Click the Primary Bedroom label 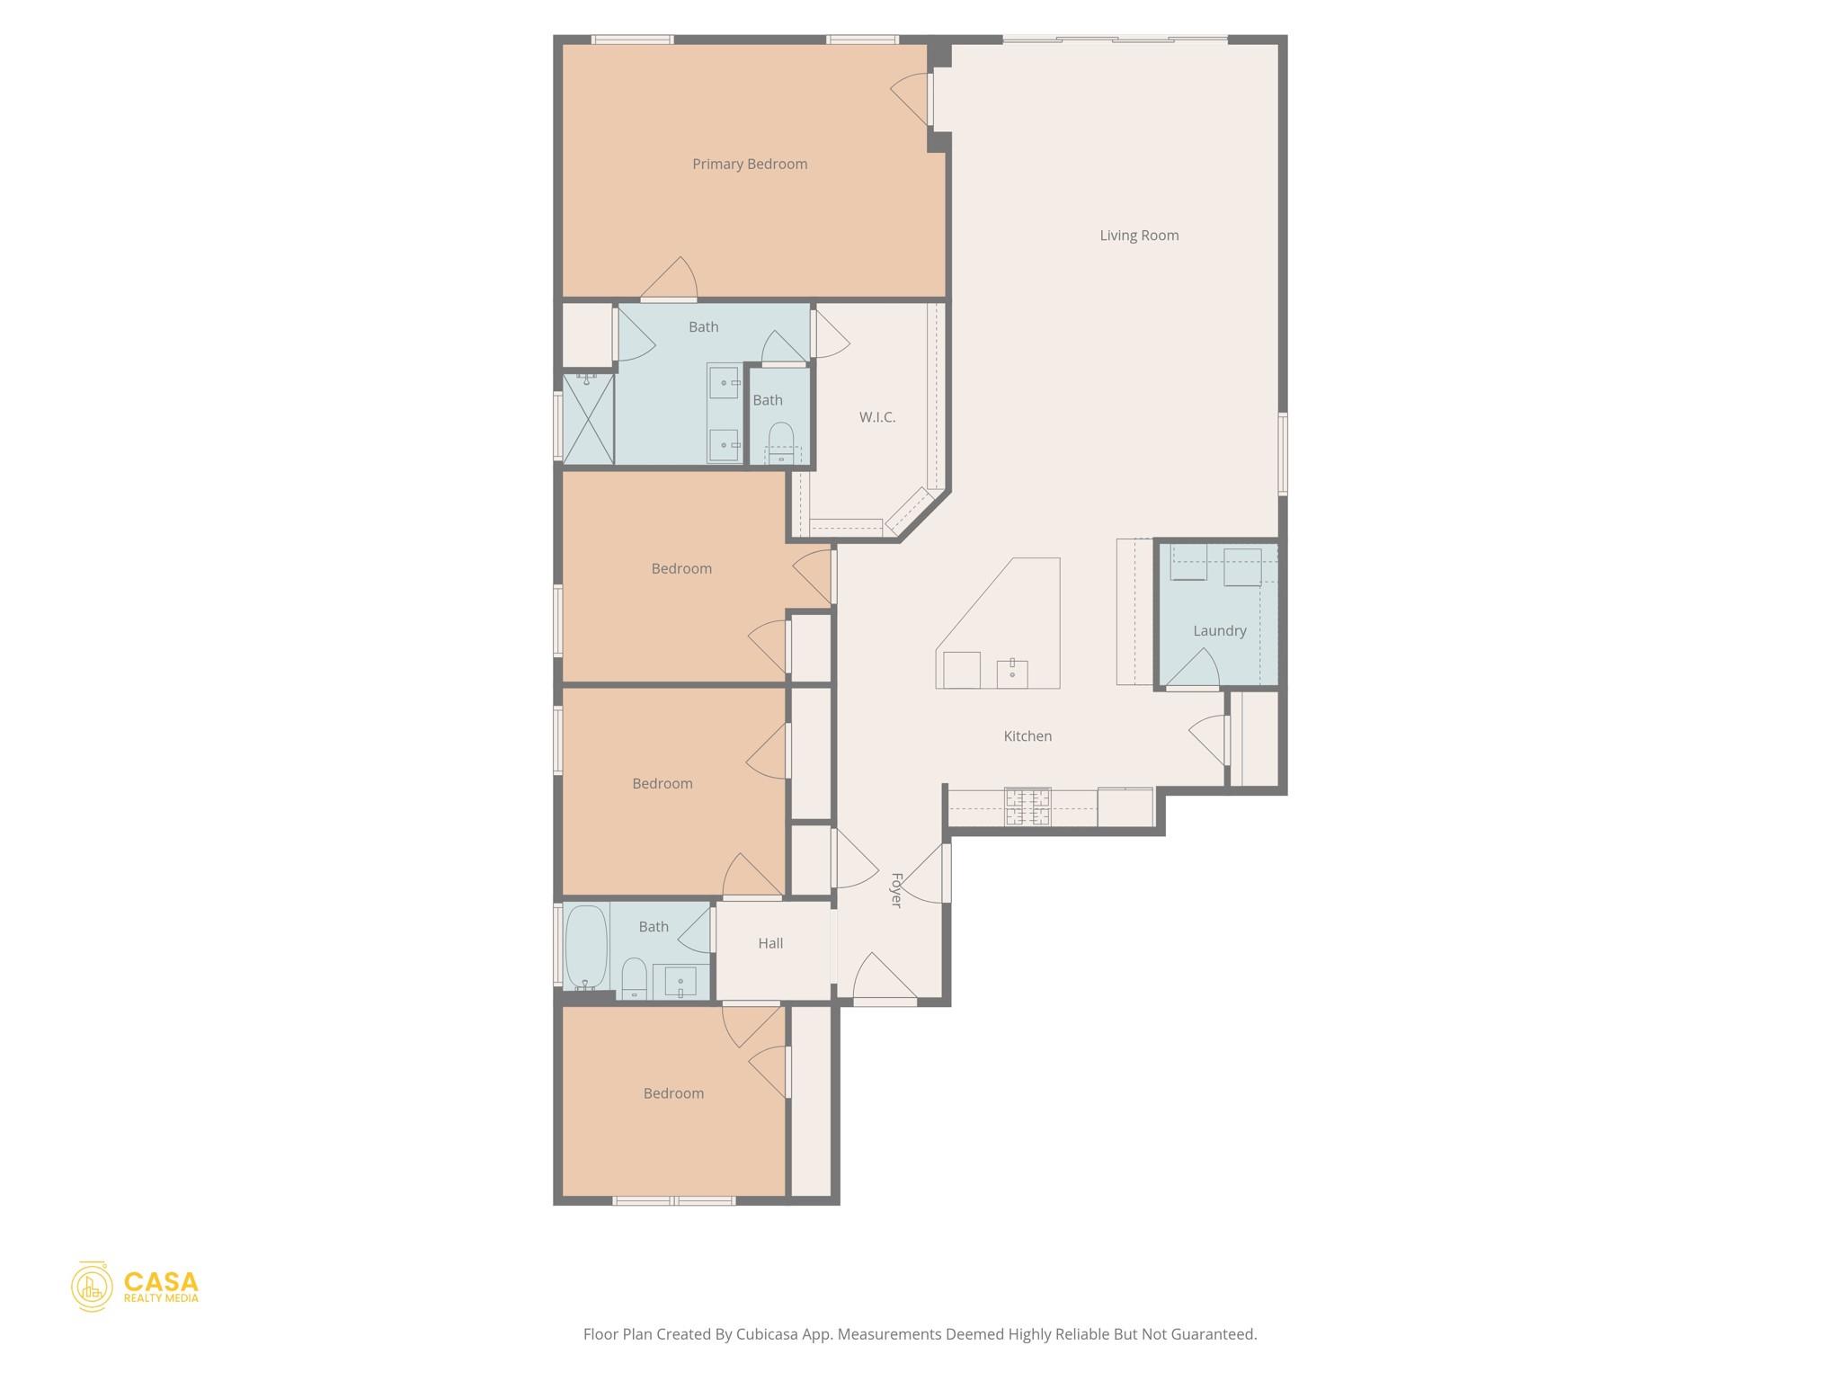click(750, 164)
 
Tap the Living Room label click(1139, 236)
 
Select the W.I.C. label click(876, 417)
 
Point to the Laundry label click(1219, 631)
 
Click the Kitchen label click(1027, 736)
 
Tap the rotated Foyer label click(896, 890)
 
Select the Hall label click(770, 943)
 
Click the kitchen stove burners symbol click(1027, 806)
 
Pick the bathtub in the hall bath click(586, 947)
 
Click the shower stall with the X click(588, 420)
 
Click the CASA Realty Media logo click(135, 1287)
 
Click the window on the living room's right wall click(1283, 453)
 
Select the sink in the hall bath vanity click(680, 982)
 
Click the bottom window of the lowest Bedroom click(674, 1200)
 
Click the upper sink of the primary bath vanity click(724, 383)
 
